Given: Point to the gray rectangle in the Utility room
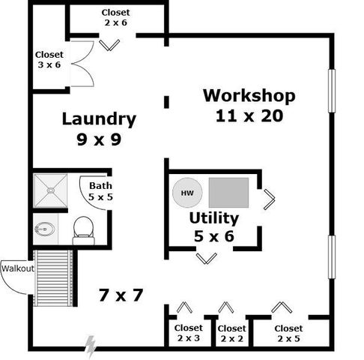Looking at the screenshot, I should (229, 193).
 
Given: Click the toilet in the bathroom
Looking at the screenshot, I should (84, 230).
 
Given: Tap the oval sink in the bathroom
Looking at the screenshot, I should (44, 228).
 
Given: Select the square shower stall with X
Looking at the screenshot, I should (50, 190).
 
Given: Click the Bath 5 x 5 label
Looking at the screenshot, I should (100, 191).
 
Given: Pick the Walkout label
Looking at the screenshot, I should (17, 268).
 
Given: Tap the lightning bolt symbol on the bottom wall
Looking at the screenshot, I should (91, 346).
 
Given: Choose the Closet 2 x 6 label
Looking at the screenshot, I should (115, 18).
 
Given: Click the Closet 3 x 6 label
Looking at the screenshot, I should (49, 60).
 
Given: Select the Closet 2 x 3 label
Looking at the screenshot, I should (188, 333).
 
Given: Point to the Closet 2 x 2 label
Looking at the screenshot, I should (231, 334).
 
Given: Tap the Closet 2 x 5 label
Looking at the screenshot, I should (288, 334).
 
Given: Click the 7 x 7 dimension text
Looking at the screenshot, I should (121, 295).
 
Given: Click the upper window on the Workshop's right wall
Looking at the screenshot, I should (331, 91).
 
